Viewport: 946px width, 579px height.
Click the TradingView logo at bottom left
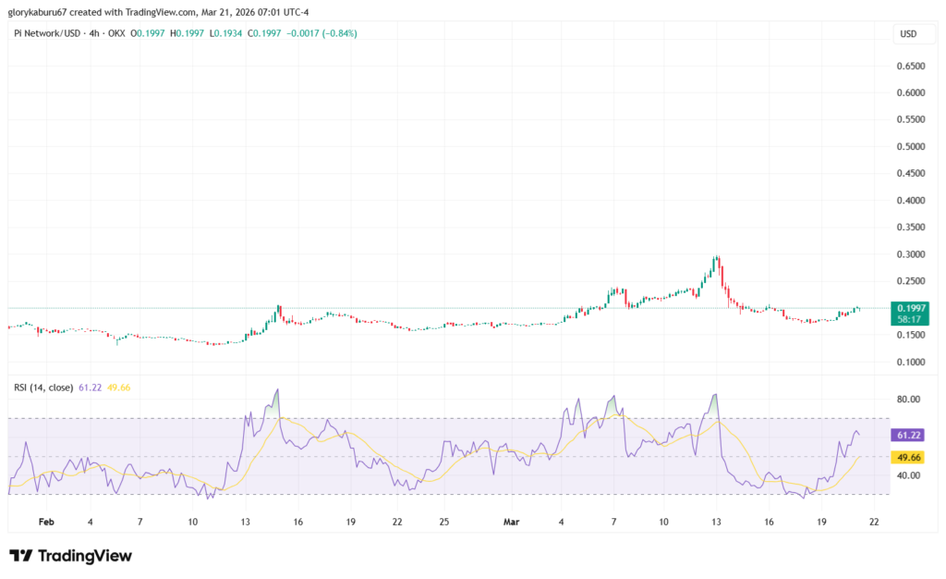(x=70, y=556)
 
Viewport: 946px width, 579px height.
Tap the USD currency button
(x=908, y=34)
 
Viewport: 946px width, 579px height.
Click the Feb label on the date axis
(x=46, y=522)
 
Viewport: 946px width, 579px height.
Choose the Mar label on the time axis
(x=512, y=522)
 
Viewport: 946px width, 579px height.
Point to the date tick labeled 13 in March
(x=716, y=522)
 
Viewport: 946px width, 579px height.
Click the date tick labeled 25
(x=444, y=522)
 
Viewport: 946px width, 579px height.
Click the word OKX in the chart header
(x=116, y=34)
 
